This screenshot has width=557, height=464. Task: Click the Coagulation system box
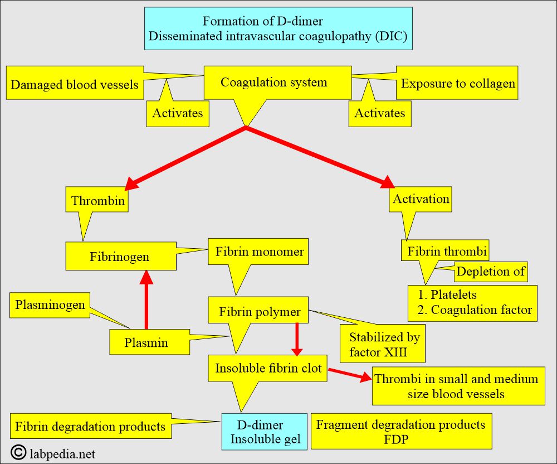coord(274,83)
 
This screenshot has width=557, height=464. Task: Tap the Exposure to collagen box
coord(458,84)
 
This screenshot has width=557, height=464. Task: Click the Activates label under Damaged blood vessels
coord(178,113)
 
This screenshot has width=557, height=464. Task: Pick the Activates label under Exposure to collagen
coord(380,113)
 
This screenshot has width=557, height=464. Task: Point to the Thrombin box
coord(98,201)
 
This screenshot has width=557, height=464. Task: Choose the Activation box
coord(421,199)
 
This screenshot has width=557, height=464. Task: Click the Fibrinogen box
coord(119,257)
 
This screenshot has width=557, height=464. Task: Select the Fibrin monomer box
coord(260,252)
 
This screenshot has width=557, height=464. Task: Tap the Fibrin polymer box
coord(260,311)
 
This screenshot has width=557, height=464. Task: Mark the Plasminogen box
coord(50,305)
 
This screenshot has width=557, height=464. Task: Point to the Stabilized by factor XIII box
coord(384,344)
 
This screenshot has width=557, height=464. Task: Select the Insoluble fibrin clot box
coord(268,369)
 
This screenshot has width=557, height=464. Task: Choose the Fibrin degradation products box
coord(90,427)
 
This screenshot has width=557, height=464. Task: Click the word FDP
coord(400,439)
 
